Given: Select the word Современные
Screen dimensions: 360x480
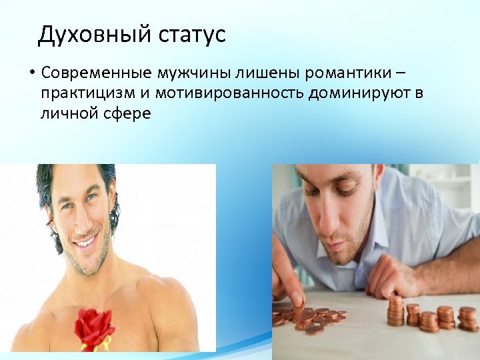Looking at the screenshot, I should click(97, 72).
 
